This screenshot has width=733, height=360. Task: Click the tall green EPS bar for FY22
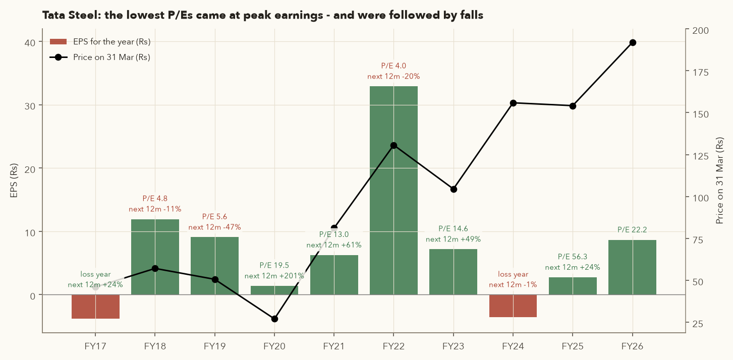[393, 190]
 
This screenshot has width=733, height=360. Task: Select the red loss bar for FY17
[95, 307]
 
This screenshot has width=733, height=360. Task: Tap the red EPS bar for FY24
[513, 306]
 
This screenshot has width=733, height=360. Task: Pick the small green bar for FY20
[274, 290]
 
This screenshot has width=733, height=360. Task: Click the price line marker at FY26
[633, 43]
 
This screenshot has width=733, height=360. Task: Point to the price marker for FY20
[274, 319]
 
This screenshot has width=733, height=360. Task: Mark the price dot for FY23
[454, 189]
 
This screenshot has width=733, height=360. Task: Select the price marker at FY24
[513, 103]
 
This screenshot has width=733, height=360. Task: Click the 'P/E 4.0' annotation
[393, 66]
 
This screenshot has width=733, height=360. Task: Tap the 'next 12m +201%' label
[274, 276]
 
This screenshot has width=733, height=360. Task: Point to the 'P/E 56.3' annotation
[573, 257]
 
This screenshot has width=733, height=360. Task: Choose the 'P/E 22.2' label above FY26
[632, 230]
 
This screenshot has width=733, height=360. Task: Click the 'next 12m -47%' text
[215, 227]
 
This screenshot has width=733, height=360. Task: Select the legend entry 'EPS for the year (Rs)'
[100, 42]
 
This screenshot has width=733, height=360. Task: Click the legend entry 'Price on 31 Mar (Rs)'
[100, 57]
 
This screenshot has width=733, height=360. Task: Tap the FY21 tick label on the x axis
[334, 346]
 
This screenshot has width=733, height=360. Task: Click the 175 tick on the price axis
[700, 72]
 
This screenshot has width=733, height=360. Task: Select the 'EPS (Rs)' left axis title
[14, 181]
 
